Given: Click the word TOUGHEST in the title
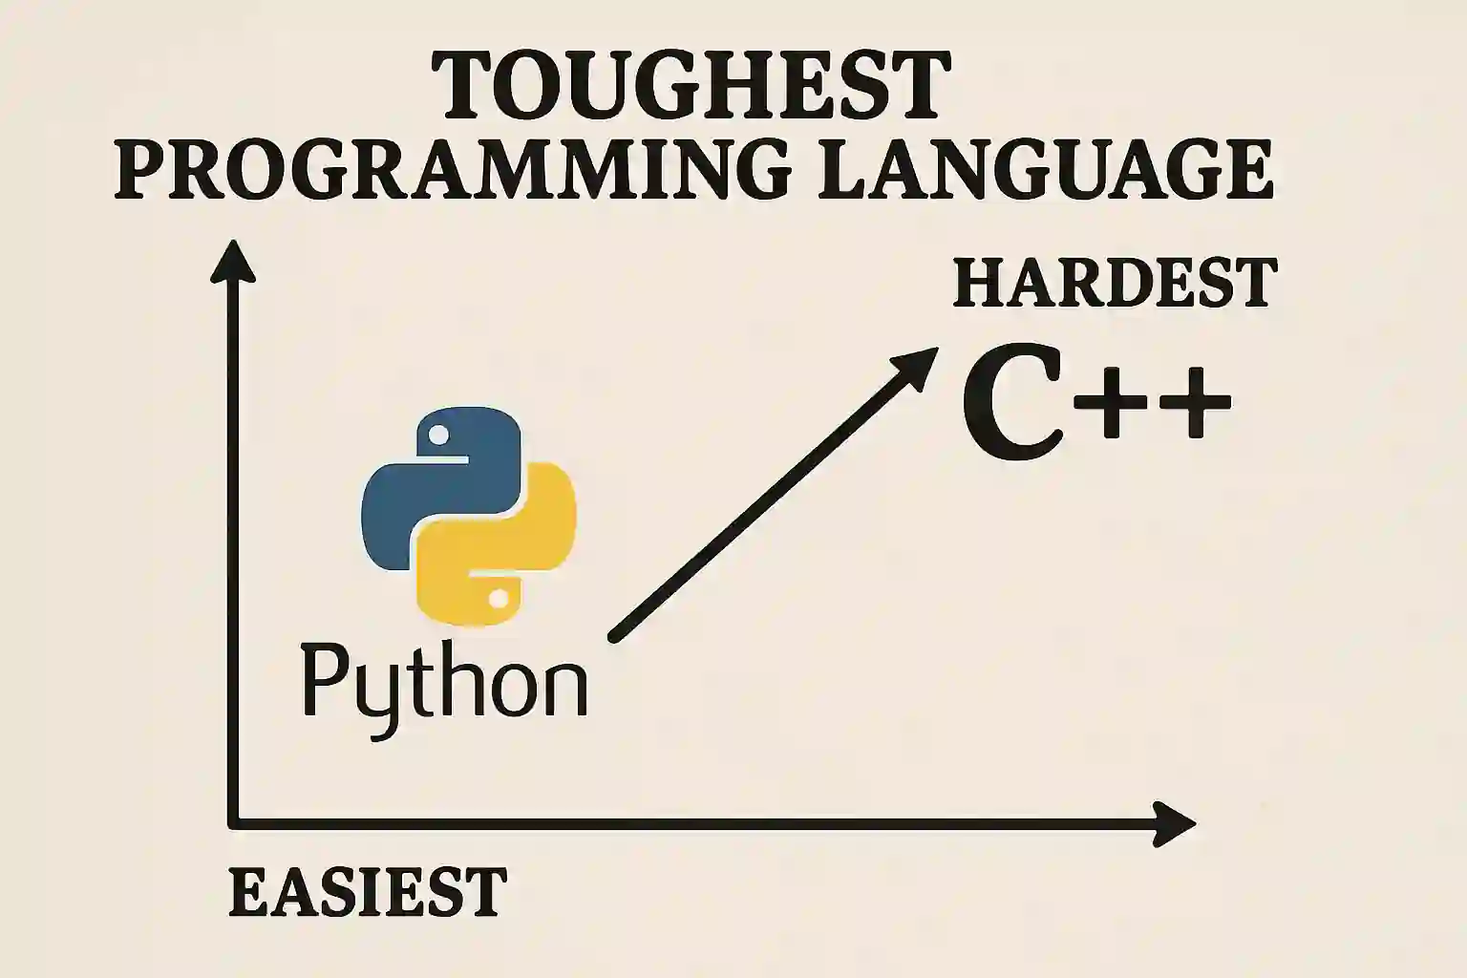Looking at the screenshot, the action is pos(691,86).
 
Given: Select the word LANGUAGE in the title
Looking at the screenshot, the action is pos(1046,168).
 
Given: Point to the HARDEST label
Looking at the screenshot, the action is pos(1116,283).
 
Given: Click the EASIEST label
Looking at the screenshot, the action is pos(368,891).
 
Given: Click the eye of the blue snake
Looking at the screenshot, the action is pos(438,435).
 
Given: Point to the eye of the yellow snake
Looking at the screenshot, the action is pos(500,598).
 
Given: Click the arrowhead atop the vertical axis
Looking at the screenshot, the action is pos(232,261).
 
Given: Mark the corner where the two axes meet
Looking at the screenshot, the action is pos(233,823).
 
